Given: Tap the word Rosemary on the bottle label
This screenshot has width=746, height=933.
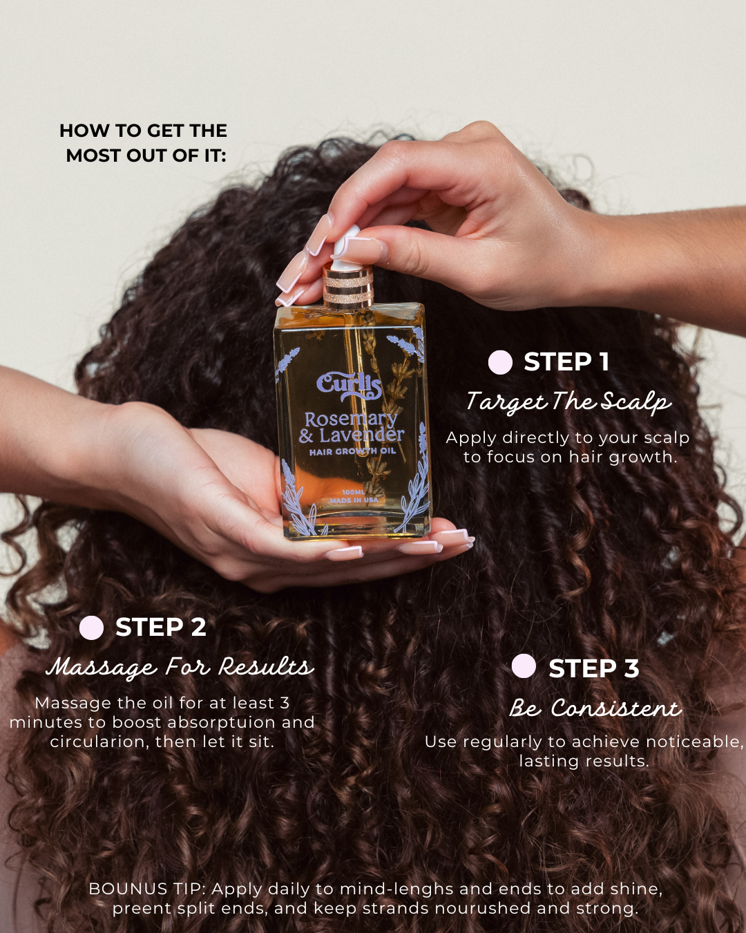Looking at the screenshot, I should [x=351, y=419].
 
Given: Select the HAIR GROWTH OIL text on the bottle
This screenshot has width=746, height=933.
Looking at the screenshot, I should [x=352, y=451].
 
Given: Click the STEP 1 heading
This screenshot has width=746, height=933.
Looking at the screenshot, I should [x=566, y=361].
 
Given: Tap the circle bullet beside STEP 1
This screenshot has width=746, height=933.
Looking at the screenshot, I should [x=500, y=362].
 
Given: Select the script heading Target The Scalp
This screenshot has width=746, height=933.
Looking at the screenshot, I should [x=568, y=402].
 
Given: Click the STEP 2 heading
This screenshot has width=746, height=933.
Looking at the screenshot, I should [x=160, y=627].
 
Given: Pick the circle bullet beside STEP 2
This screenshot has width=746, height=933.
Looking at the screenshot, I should [x=91, y=628].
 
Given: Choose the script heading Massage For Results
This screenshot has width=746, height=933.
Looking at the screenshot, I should [x=180, y=667].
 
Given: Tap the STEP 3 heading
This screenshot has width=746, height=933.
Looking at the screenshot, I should [x=593, y=668].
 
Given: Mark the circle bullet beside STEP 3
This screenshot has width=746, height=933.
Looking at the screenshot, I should [x=524, y=666].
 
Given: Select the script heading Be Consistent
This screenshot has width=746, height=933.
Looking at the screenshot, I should [x=595, y=708].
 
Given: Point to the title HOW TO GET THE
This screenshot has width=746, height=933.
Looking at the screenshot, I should [x=143, y=131].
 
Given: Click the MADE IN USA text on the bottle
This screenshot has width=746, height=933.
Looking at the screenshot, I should [x=354, y=500].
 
